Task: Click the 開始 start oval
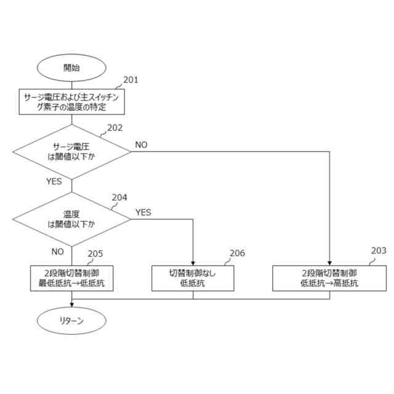coord(71,68)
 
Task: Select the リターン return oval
coord(71,321)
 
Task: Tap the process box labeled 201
coord(71,102)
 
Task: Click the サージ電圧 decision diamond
coord(71,151)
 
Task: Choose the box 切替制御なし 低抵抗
coord(193,278)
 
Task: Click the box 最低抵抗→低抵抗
coord(71,278)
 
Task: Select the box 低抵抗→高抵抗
coord(329,278)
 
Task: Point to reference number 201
coord(131,80)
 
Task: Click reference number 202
coord(115,128)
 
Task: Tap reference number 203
coord(379,251)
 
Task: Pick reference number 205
coord(95,254)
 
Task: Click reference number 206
coord(237,253)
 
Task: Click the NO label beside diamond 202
coord(141,145)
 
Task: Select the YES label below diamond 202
coord(54,182)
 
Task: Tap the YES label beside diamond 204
coord(143,212)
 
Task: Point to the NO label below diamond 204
coord(57,251)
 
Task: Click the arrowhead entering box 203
coord(329,263)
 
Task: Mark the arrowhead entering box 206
coord(193,263)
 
